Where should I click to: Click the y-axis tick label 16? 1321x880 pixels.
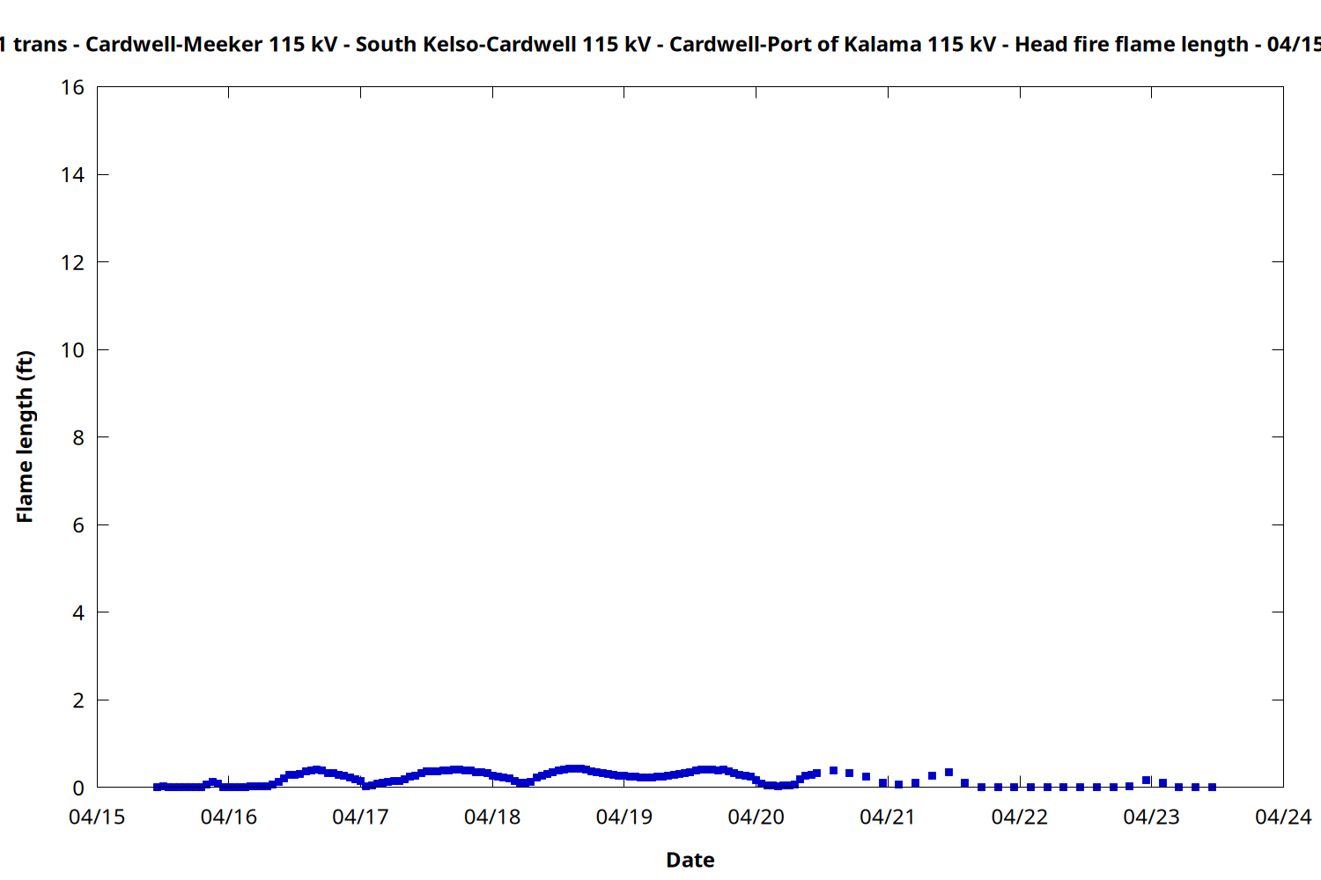point(73,87)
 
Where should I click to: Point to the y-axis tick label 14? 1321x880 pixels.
point(73,175)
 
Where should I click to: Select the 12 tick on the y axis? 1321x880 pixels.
point(73,262)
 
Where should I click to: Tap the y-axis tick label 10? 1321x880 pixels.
point(73,350)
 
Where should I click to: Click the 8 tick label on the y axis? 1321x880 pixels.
point(78,437)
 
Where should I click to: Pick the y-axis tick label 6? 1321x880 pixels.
point(78,525)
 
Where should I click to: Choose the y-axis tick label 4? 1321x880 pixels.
point(78,612)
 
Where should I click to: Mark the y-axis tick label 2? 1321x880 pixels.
point(78,700)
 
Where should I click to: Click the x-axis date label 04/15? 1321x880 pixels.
point(97,818)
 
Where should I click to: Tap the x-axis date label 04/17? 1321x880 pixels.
point(360,818)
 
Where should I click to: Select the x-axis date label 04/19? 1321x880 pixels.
point(624,818)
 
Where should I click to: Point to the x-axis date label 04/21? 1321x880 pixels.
point(888,818)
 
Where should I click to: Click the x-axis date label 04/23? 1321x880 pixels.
point(1151,818)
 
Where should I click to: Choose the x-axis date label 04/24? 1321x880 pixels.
point(1283,818)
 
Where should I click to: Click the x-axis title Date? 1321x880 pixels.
point(690,861)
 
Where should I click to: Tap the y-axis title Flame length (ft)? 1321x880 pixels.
point(25,436)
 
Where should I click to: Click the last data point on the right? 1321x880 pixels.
point(1212,787)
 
